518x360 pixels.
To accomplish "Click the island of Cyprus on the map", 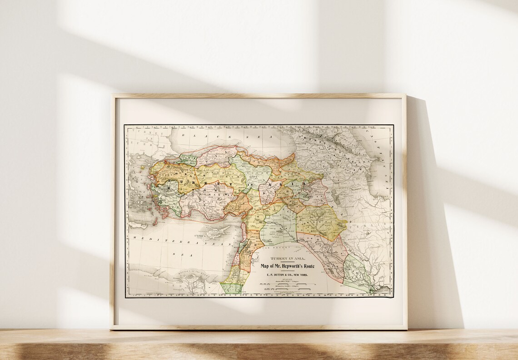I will [217, 232].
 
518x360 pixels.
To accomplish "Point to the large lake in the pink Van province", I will [309, 186].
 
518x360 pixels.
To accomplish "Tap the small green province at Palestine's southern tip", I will [231, 288].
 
